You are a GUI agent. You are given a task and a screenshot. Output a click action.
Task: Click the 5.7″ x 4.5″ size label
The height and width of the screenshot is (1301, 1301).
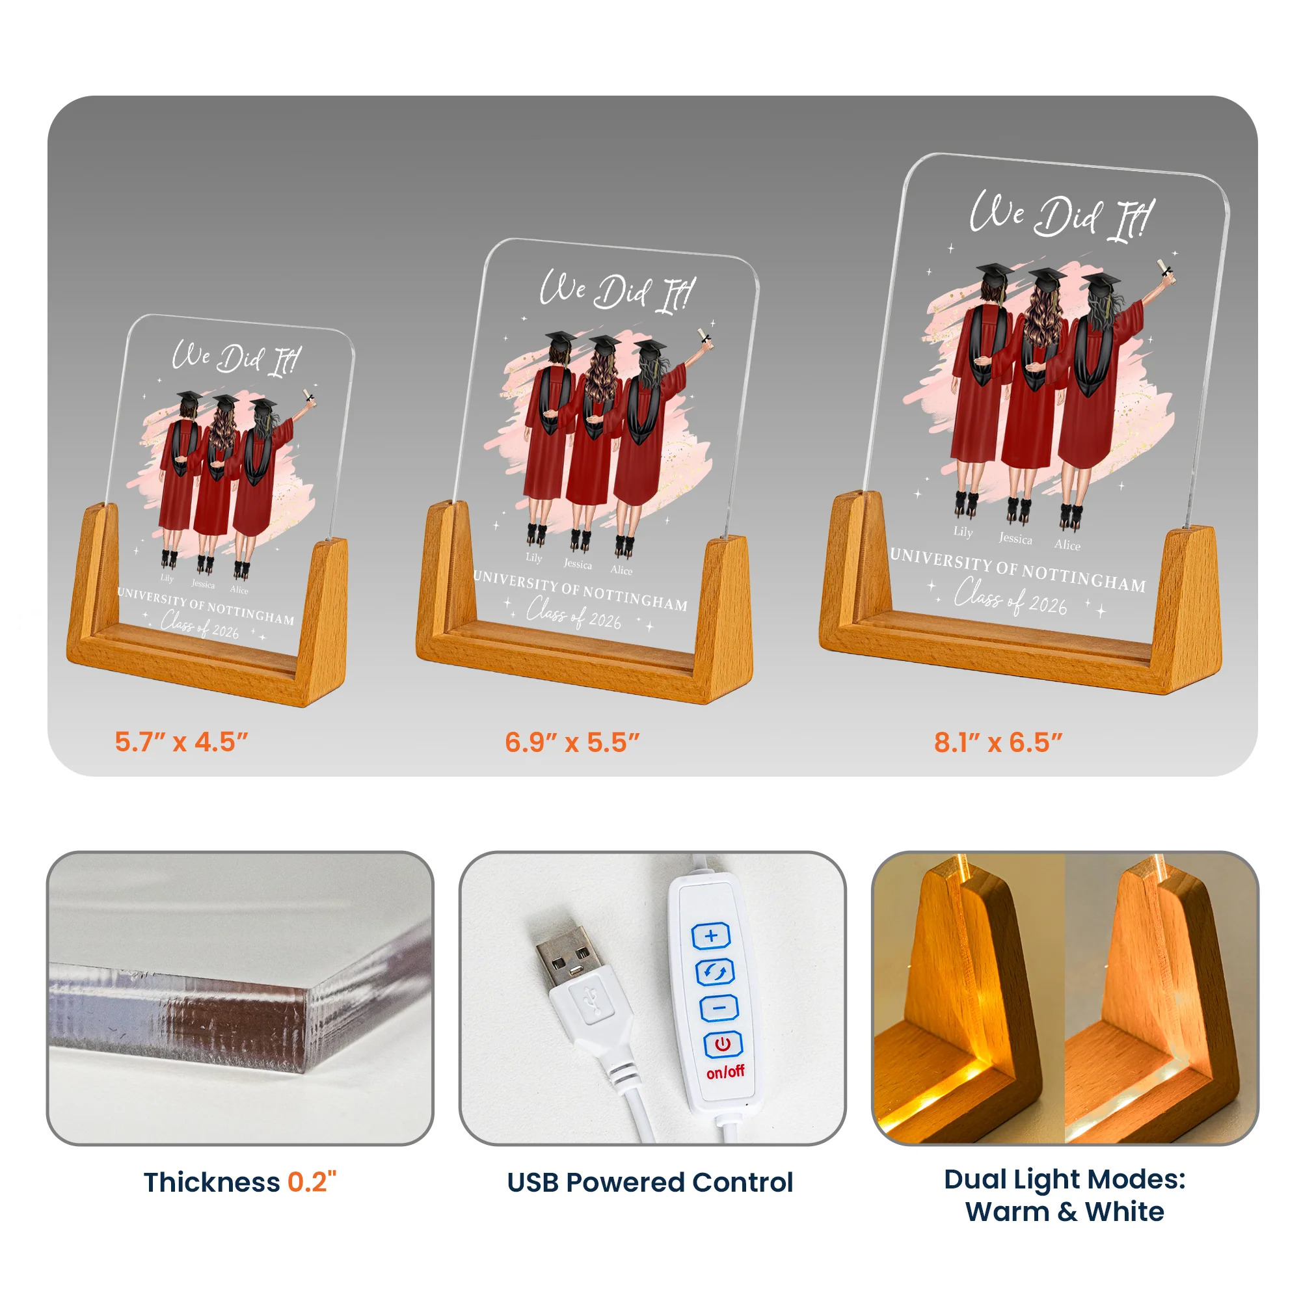click(181, 742)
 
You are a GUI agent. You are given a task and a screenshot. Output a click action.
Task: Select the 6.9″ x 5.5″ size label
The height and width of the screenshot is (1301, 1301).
click(572, 742)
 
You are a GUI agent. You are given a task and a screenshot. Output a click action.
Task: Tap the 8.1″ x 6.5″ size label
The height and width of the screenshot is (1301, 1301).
click(998, 742)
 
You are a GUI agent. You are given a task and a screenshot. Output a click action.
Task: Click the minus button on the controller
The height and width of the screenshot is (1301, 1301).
click(719, 1008)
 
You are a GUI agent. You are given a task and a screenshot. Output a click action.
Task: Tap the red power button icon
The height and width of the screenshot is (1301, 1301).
click(723, 1044)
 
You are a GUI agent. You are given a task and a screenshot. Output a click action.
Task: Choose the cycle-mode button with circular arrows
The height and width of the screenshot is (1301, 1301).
click(714, 972)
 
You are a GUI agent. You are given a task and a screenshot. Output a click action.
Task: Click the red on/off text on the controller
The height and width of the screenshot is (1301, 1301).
click(725, 1071)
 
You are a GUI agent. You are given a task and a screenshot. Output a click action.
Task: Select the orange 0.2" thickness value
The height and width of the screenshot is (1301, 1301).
click(312, 1182)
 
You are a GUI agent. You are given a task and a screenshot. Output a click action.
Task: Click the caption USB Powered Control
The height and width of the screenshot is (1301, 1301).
click(650, 1183)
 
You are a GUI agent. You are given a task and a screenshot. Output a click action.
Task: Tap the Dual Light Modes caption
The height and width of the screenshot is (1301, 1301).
click(1065, 1195)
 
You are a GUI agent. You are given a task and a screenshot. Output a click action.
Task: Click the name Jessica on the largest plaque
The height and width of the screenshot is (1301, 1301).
click(1015, 538)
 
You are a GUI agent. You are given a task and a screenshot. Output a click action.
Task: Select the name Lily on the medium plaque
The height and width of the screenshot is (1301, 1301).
click(534, 557)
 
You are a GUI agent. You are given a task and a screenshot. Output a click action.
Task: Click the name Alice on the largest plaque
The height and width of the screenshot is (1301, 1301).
click(1067, 544)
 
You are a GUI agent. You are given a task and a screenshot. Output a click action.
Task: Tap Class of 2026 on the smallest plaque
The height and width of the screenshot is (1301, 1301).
click(200, 625)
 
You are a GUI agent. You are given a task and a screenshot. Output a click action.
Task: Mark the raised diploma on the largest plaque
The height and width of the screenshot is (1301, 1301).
click(1166, 269)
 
